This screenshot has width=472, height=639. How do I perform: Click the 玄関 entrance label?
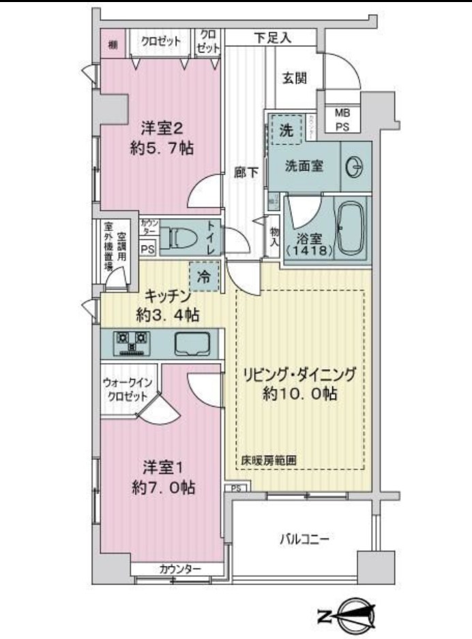point(295,78)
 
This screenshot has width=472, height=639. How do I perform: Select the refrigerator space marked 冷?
point(204,277)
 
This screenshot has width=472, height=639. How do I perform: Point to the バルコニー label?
point(304,540)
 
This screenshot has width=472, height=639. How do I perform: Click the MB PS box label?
point(342,121)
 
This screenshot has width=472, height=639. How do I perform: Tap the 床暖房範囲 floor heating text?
point(269,461)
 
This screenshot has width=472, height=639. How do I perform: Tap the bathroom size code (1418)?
point(310,251)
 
